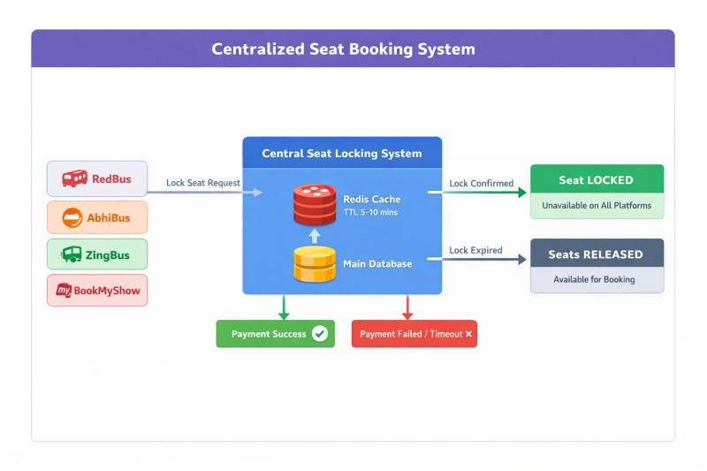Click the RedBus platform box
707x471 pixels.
96,179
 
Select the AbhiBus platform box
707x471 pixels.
96,217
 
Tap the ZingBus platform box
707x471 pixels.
96,255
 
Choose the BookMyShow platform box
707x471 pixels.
96,290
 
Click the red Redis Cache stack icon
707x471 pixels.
315,205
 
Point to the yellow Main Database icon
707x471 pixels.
315,263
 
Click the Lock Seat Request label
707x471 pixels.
202,183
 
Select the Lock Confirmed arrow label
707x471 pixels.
481,183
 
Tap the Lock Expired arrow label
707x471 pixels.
475,250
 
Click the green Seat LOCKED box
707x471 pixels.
597,179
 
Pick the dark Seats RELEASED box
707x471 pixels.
597,254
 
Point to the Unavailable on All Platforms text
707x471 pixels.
597,206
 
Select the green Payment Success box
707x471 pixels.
275,334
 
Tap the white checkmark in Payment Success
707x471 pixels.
320,334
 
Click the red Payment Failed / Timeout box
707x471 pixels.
414,334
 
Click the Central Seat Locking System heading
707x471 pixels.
342,153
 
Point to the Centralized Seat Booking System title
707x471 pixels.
343,49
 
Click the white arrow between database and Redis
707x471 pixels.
315,235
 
